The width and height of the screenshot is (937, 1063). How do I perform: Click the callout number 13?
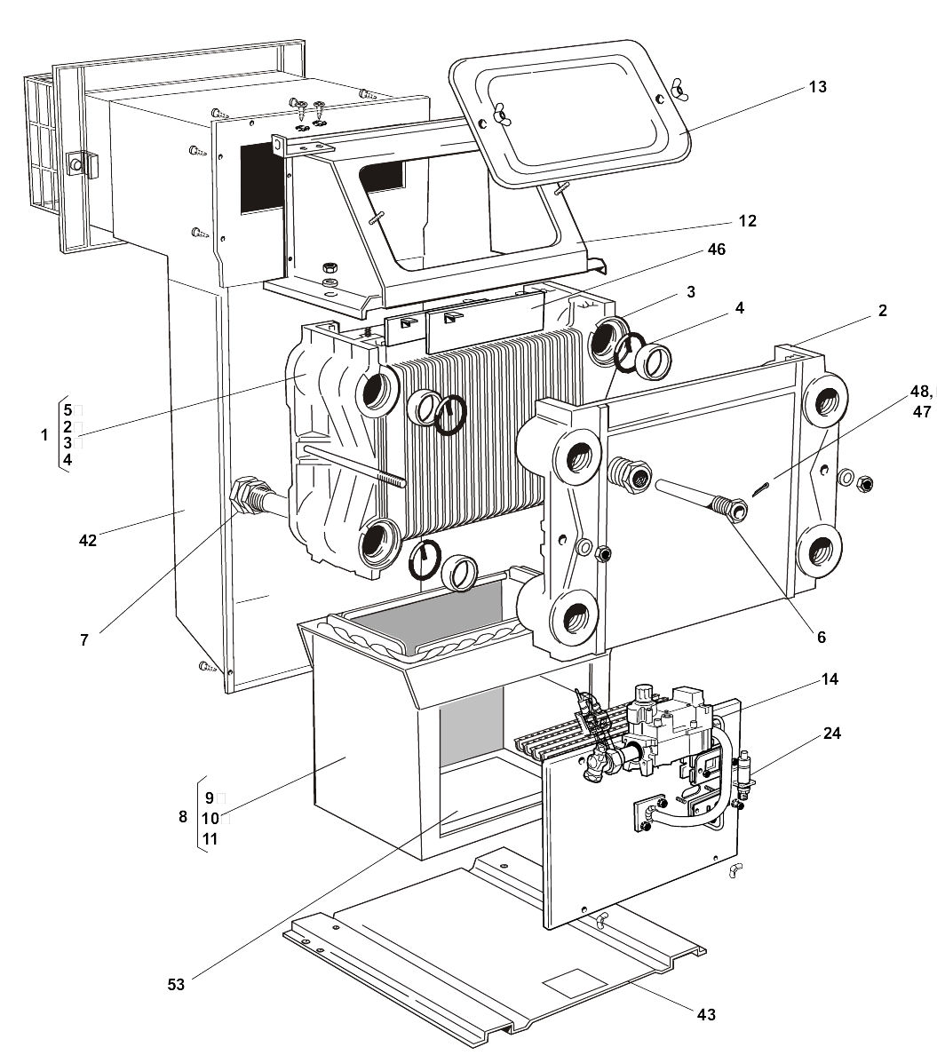pyautogui.click(x=817, y=87)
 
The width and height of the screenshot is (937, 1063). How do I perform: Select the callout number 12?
pyautogui.click(x=748, y=220)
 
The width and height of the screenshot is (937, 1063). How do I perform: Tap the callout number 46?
pyautogui.click(x=716, y=250)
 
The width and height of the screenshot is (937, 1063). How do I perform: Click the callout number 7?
pyautogui.click(x=84, y=639)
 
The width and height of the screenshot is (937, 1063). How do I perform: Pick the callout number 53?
pyautogui.click(x=176, y=984)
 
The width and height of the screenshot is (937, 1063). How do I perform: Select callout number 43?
pyautogui.click(x=706, y=1014)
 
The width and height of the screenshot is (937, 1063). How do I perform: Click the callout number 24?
pyautogui.click(x=831, y=734)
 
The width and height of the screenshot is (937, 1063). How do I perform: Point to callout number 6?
pyautogui.click(x=822, y=637)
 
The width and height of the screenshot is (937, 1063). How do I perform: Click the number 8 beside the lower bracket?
pyautogui.click(x=183, y=817)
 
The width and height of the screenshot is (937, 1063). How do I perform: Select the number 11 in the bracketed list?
pyautogui.click(x=210, y=838)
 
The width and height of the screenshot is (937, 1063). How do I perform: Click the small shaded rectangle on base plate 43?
pyautogui.click(x=572, y=980)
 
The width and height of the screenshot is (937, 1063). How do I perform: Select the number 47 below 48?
pyautogui.click(x=921, y=411)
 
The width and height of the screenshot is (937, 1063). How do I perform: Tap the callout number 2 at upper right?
pyautogui.click(x=883, y=311)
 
